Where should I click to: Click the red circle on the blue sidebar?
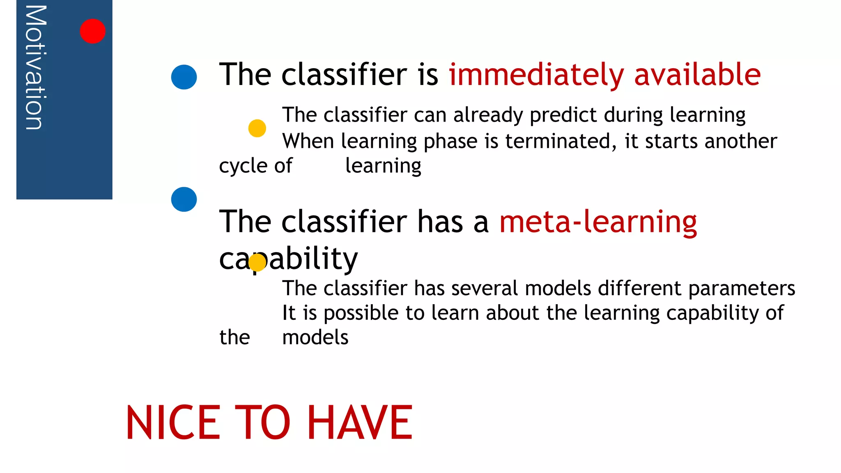(x=92, y=31)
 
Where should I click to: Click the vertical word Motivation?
(x=36, y=68)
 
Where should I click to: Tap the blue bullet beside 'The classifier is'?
(x=184, y=77)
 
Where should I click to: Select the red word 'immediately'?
(x=536, y=75)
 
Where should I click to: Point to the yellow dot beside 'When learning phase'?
(x=257, y=129)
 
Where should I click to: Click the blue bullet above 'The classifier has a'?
(x=184, y=200)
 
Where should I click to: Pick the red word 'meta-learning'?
(x=598, y=222)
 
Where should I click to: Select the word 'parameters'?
(x=742, y=288)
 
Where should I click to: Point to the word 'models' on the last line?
(x=315, y=338)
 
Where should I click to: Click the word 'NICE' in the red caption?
(x=173, y=423)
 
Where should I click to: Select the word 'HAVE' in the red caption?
(x=360, y=423)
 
